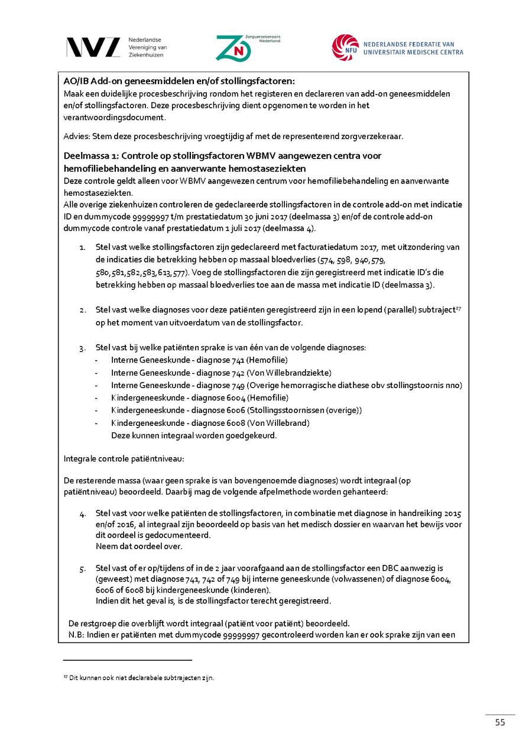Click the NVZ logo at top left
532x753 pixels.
click(x=93, y=47)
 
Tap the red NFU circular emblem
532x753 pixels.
click(x=345, y=47)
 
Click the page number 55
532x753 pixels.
click(x=500, y=722)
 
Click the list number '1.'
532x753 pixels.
click(x=83, y=247)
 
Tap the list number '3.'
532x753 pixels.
click(x=83, y=347)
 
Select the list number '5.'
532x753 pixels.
click(x=83, y=569)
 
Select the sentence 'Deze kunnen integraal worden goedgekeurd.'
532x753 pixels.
click(x=194, y=436)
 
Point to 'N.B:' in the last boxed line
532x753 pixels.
click(x=77, y=636)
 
